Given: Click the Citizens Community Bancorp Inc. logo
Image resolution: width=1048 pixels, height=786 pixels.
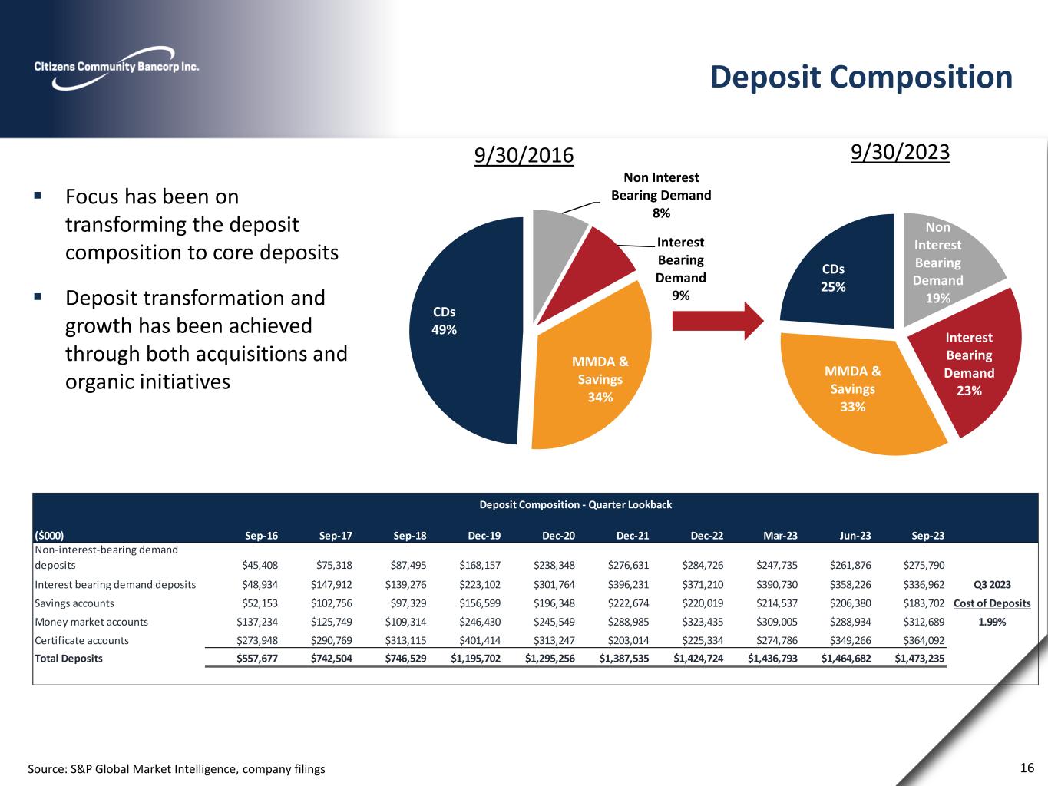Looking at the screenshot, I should click(116, 67).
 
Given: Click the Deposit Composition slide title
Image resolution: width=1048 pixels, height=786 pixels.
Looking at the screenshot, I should click(861, 78).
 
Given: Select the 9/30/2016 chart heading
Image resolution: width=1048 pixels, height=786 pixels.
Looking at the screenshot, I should click(524, 155).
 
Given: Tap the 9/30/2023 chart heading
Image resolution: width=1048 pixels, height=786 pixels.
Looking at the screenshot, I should click(901, 152).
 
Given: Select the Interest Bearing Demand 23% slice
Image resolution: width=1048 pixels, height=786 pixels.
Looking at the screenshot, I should click(971, 361).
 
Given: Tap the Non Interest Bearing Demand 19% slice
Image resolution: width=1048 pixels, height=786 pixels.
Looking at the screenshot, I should click(944, 261).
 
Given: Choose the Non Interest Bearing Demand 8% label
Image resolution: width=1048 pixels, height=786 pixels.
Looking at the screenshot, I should click(660, 195).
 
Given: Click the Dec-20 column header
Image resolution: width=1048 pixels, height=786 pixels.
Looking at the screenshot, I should click(556, 536).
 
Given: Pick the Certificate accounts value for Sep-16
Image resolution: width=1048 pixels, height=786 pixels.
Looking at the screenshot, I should click(260, 640).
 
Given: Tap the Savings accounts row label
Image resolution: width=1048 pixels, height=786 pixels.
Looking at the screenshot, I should click(74, 603).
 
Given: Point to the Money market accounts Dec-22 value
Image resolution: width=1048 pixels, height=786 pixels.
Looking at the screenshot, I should click(702, 622).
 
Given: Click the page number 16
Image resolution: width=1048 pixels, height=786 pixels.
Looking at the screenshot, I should click(1027, 768).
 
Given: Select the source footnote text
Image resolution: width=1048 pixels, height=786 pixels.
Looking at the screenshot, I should click(177, 768).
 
